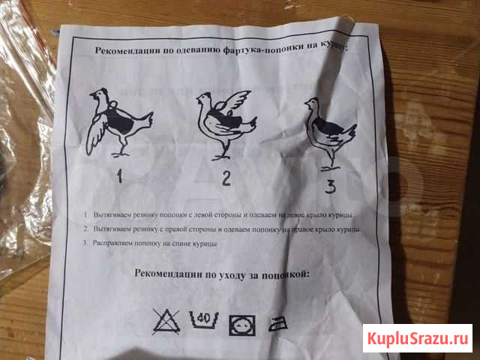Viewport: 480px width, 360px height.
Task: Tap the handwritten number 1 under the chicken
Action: (119, 177)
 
